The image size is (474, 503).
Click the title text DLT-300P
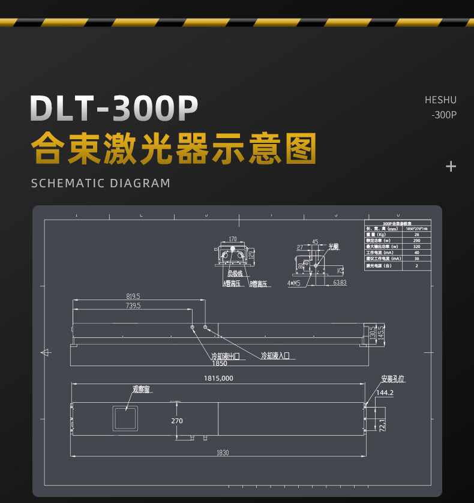(x=114, y=109)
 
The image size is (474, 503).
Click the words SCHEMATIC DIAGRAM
(x=101, y=183)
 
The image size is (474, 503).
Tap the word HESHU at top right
(x=440, y=100)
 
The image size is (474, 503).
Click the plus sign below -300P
(x=451, y=166)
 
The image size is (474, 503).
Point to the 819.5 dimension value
(x=133, y=297)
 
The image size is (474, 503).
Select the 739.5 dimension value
(x=133, y=306)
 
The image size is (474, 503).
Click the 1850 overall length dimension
(x=220, y=363)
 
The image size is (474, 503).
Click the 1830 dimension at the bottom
(x=221, y=453)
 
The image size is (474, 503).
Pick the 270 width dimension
(x=176, y=421)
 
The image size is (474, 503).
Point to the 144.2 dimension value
(x=384, y=393)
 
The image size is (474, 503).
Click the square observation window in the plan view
(x=125, y=417)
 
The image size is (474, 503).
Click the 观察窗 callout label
(x=141, y=389)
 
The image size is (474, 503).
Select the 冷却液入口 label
(x=275, y=355)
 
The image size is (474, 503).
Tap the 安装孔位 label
(x=392, y=379)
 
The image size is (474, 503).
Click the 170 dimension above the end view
(x=233, y=239)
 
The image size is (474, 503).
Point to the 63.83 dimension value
(x=340, y=282)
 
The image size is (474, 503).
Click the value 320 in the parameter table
(x=416, y=246)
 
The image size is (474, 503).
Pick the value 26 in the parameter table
(x=416, y=234)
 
